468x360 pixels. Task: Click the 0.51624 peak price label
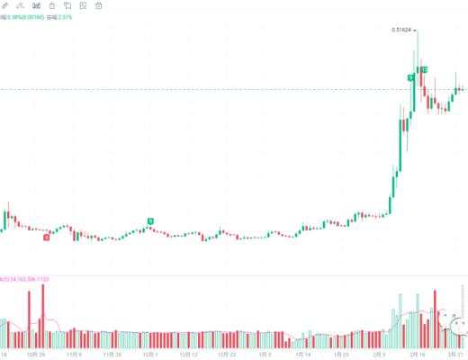pyautogui.click(x=403, y=30)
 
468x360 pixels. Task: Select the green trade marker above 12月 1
pyautogui.click(x=150, y=220)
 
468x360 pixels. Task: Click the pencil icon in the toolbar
pyautogui.click(x=5, y=5)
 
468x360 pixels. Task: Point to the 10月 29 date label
pyautogui.click(x=35, y=355)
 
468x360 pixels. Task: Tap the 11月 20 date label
pyautogui.click(x=112, y=355)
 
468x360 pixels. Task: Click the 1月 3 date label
pyautogui.click(x=265, y=355)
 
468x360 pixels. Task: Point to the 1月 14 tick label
pyautogui.click(x=304, y=355)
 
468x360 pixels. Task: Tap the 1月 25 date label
pyautogui.click(x=342, y=355)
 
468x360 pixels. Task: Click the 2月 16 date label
pyautogui.click(x=418, y=355)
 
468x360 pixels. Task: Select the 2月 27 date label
pyautogui.click(x=456, y=355)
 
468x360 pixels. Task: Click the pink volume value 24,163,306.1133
pyautogui.click(x=27, y=279)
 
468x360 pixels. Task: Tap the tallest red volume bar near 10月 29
pyautogui.click(x=42, y=315)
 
